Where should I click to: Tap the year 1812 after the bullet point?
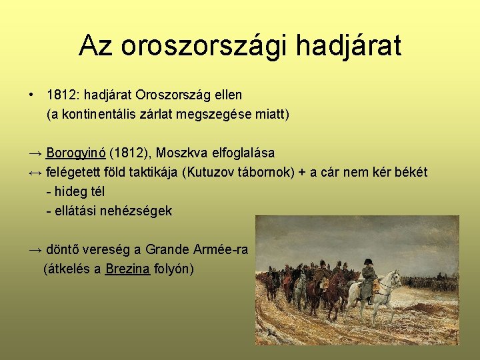point(61,95)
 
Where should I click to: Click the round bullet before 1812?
point(32,95)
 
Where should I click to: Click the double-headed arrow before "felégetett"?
point(36,173)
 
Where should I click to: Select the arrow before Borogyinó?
point(36,153)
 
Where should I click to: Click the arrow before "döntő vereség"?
point(36,250)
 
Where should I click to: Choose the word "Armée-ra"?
point(223,250)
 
